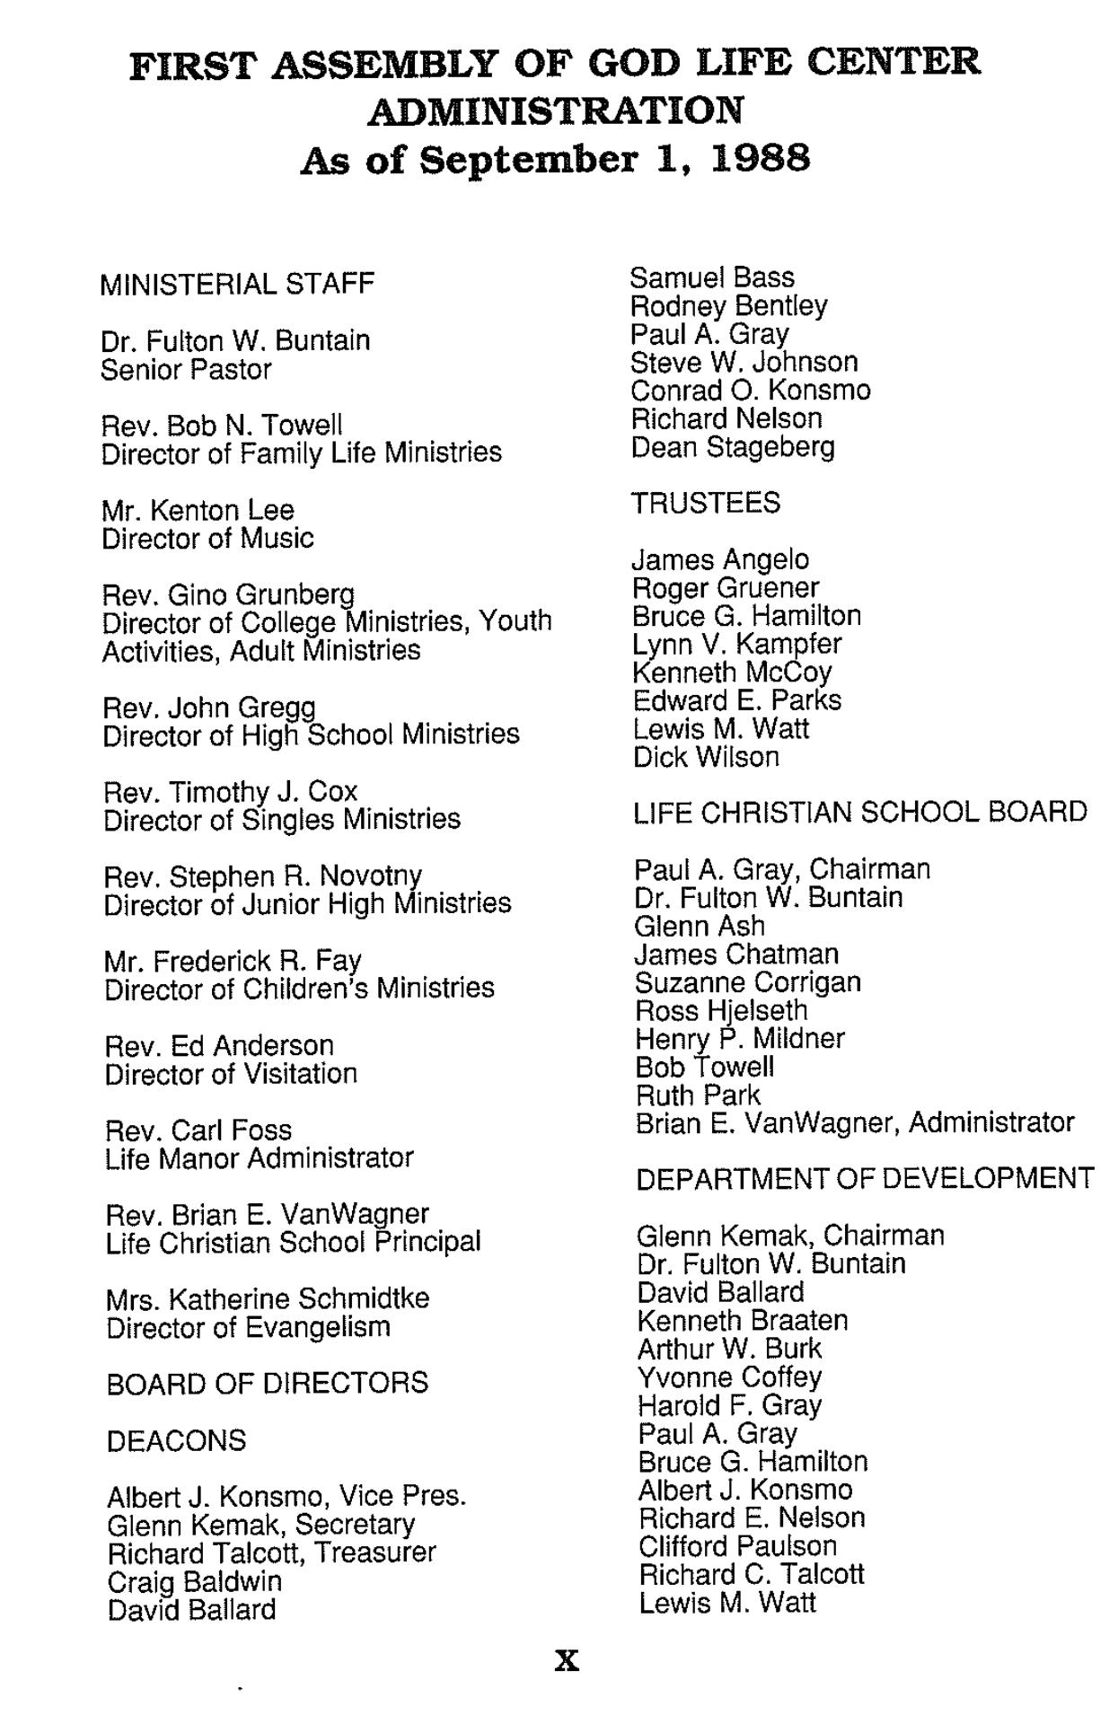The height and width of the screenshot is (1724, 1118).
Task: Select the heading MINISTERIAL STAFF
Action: pos(237,285)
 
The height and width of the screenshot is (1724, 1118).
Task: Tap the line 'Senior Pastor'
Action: pos(186,370)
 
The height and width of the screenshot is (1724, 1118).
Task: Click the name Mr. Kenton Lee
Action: pos(198,510)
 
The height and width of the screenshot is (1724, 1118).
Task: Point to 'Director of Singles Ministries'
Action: pos(282,820)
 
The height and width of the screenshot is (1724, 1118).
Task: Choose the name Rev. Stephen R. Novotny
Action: pos(263,875)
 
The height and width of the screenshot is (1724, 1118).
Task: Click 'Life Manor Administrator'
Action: pos(260,1158)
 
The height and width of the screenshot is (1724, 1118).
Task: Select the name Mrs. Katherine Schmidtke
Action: pos(268,1298)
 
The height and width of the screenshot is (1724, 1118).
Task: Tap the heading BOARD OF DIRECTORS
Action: pos(268,1383)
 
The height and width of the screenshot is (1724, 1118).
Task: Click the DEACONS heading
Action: pos(176,1441)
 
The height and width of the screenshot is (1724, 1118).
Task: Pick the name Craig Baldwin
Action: pos(194,1581)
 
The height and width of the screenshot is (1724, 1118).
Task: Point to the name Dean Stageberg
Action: pos(733,447)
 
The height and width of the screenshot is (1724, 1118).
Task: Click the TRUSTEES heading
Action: pos(706,503)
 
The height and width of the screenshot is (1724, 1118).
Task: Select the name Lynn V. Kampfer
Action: pos(737,644)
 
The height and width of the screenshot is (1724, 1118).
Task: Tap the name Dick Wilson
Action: pos(706,757)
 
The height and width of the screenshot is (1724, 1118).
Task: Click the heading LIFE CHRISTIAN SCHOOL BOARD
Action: pos(860,813)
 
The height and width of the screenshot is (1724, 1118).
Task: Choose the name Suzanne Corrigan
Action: pos(748,982)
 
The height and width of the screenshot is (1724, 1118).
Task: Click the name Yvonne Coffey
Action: pos(730,1377)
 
